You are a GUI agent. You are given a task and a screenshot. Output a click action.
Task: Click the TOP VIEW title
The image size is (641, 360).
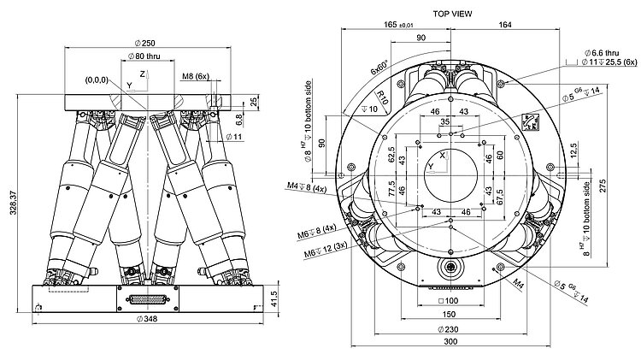coord(453,14)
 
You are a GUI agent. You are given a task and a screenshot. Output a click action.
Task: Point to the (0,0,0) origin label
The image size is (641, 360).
coord(96,80)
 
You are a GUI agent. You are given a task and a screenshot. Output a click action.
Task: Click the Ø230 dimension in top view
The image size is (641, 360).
coord(450,329)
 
